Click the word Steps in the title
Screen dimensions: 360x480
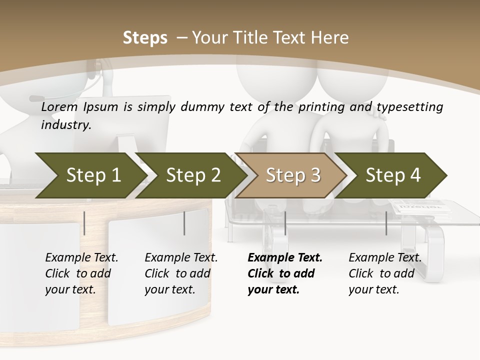145,38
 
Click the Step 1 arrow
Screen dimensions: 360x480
90,175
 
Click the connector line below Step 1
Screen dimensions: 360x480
84,223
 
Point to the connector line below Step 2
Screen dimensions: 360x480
184,223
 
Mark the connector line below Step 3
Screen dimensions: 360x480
285,223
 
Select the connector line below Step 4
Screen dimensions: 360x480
386,223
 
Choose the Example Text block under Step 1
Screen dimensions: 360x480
81,273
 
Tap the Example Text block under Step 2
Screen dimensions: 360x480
181,273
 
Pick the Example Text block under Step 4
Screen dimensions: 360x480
385,273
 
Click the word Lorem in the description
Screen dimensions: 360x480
59,107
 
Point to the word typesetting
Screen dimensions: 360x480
409,107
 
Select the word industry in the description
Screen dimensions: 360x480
65,125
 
